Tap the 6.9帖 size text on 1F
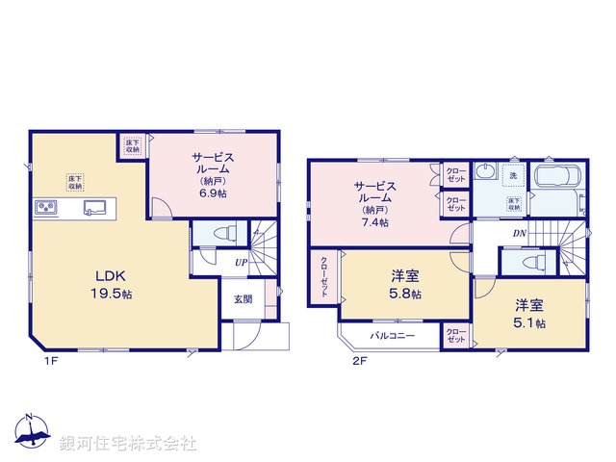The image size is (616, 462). (213, 193)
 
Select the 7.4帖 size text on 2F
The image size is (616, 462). (376, 222)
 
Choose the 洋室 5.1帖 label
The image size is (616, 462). (528, 314)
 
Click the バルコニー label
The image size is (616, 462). (394, 337)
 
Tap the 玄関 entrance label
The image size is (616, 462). (243, 299)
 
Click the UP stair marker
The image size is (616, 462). (241, 261)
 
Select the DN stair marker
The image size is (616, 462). (519, 235)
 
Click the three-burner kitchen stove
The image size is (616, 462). (47, 207)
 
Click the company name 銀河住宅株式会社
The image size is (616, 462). (128, 444)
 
